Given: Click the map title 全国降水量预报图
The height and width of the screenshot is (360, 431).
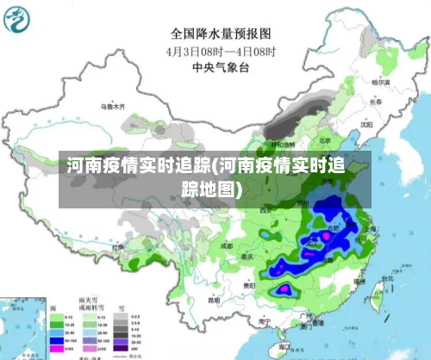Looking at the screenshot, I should (220, 34).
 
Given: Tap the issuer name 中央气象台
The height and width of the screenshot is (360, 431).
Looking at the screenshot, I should (220, 65).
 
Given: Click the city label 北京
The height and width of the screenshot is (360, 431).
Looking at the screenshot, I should (324, 140).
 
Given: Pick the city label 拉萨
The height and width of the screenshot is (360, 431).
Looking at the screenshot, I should (117, 246).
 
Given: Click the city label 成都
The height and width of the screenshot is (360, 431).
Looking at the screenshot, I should (226, 245).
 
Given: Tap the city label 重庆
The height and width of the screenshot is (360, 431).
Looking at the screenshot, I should (248, 258).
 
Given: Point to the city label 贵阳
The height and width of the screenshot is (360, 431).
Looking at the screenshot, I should (249, 283).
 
